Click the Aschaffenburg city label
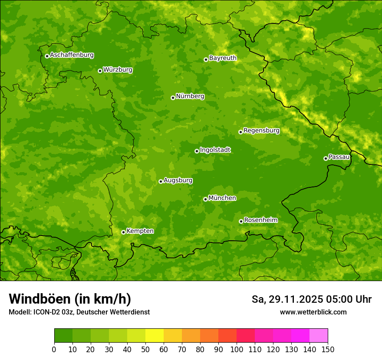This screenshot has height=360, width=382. click(72, 55)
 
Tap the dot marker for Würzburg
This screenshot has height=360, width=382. click(100, 71)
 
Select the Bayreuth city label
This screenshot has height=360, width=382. click(223, 58)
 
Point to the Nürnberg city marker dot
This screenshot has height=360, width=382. click(173, 98)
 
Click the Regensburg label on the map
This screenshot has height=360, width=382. click(261, 130)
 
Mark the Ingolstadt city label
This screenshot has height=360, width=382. click(215, 150)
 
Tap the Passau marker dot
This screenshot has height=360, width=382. click(326, 158)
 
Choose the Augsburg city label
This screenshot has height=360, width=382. click(178, 180)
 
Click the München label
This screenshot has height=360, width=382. click(222, 198)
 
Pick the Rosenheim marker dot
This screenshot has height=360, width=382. click(241, 221)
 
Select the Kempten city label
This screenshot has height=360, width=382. click(140, 231)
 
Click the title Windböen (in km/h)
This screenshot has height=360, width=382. click(70, 299)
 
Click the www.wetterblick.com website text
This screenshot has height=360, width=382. click(313, 312)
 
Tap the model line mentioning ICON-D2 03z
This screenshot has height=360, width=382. click(79, 312)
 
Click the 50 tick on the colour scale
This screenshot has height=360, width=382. click(145, 349)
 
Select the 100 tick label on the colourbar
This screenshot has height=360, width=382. click(237, 349)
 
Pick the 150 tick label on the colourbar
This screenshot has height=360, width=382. click(328, 349)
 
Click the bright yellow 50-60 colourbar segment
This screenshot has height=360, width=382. click(155, 335)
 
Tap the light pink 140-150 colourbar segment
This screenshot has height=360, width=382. click(319, 335)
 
